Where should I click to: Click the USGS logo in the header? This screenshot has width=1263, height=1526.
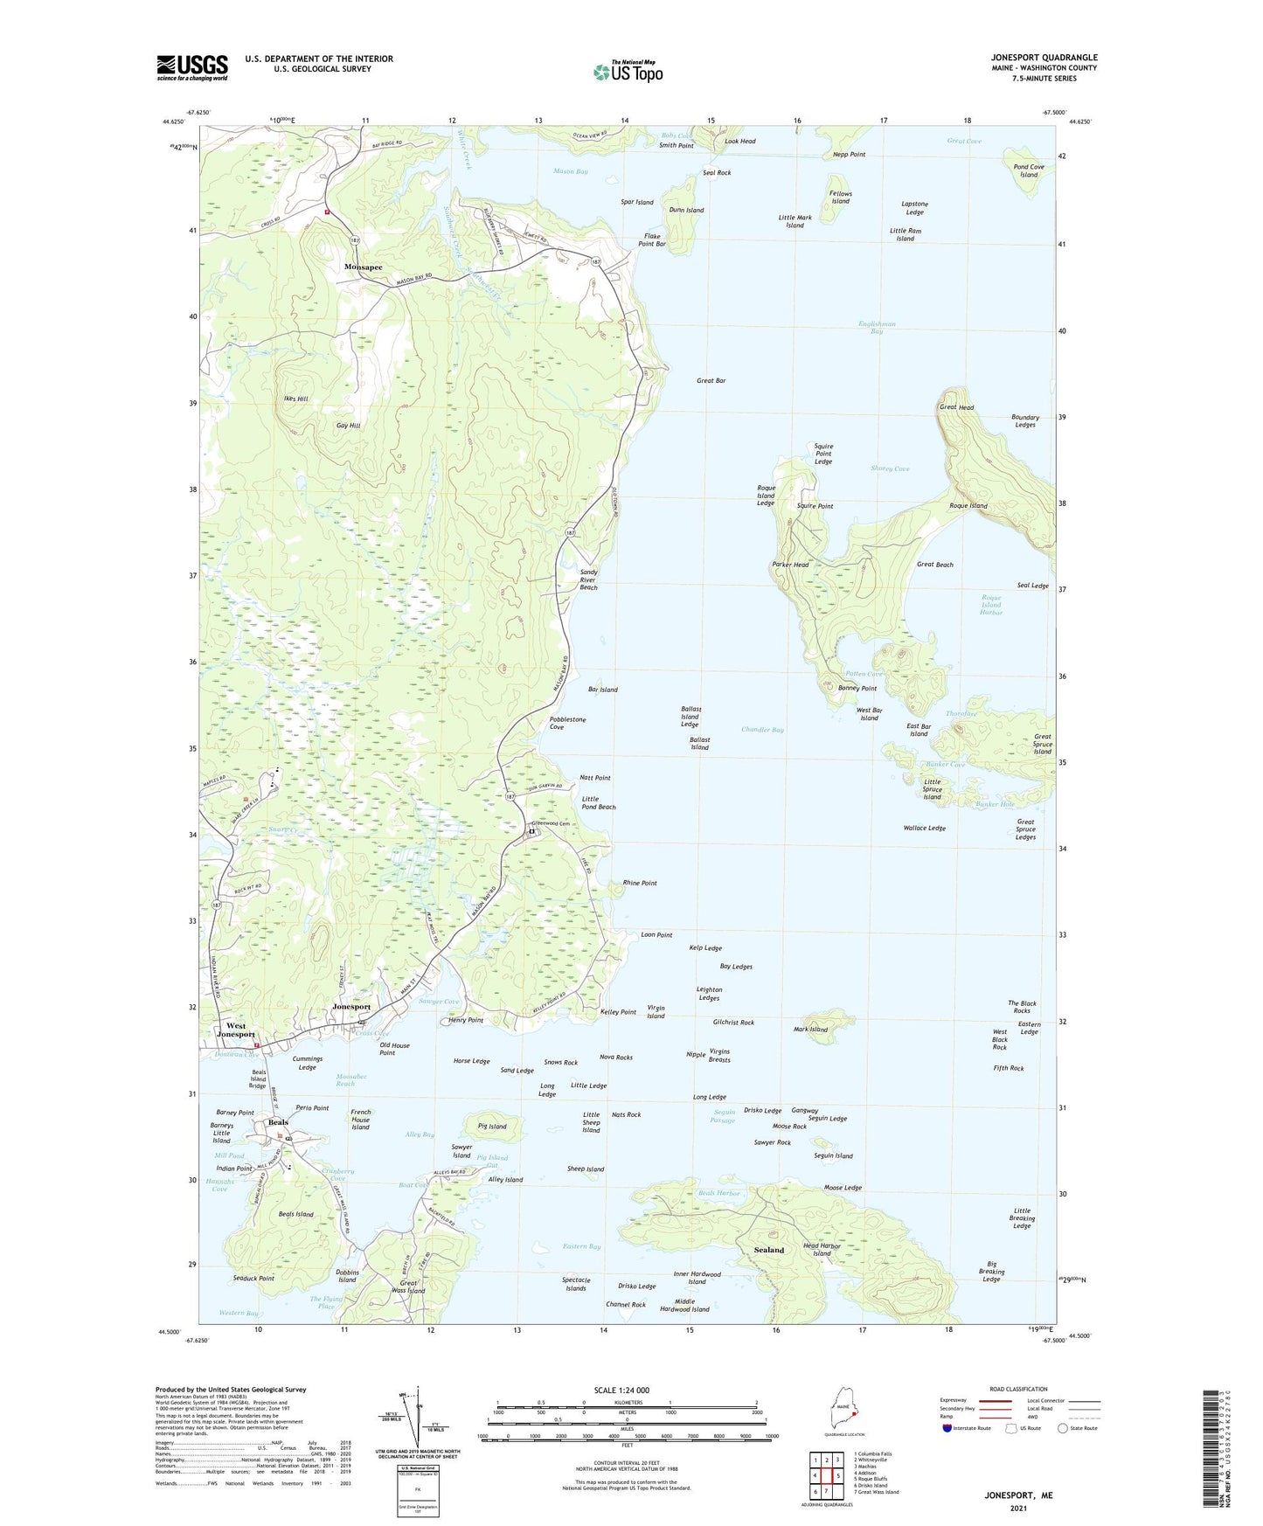coord(191,67)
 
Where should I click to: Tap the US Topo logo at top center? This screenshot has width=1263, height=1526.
coord(628,72)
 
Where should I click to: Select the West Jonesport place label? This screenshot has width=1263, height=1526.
coord(236,1030)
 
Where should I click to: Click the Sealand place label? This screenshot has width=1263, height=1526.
coord(769,1250)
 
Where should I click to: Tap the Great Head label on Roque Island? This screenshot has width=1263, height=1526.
coord(956,407)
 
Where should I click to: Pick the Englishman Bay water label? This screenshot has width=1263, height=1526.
coord(877,328)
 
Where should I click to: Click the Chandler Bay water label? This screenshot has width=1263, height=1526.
coord(762,729)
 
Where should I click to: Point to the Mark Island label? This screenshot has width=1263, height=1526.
coord(810,1030)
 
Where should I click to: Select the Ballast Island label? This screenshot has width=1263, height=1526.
coord(699,744)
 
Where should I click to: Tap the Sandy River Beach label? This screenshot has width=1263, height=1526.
coord(589,579)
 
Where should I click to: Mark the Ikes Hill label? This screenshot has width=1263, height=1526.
coord(295,399)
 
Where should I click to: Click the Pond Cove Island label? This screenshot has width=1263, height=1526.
coord(1029,170)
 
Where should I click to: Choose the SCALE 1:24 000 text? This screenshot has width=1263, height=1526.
coord(621,1390)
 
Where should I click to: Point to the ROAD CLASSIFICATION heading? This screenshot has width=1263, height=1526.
coord(1018,1389)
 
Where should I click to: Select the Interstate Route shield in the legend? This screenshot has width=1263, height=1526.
coord(948,1428)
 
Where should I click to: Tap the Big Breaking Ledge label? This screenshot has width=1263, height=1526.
coord(991,1272)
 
